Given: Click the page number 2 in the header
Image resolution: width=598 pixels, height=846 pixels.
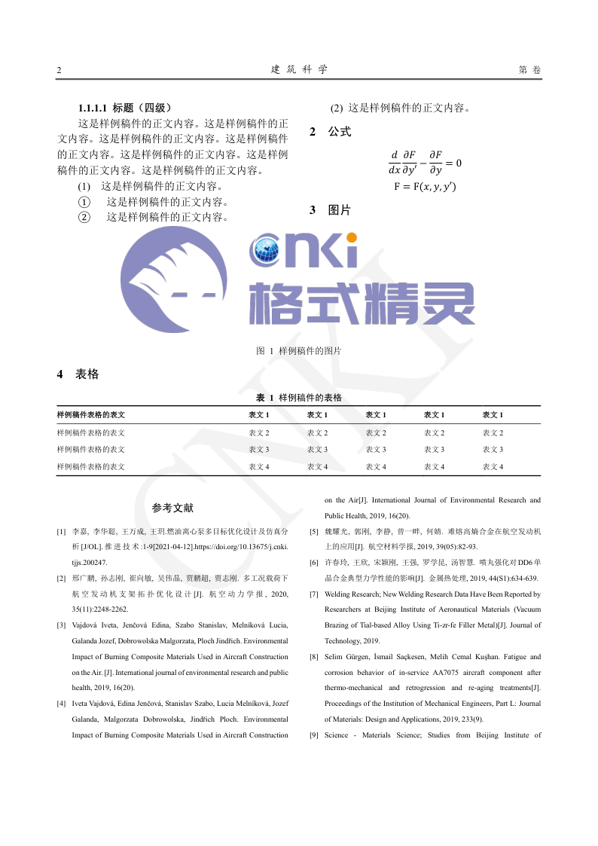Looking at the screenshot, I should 59,70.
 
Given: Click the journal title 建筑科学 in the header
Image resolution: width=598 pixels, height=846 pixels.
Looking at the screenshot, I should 299,69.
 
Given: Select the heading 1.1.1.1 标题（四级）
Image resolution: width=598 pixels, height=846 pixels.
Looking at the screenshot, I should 130,108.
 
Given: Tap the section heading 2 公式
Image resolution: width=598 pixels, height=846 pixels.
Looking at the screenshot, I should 331,132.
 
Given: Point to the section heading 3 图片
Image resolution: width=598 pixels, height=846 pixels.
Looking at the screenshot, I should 331,210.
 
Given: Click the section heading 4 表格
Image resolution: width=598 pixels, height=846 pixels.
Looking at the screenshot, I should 78,374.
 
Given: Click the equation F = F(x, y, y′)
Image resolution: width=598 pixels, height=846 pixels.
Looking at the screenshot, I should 425,187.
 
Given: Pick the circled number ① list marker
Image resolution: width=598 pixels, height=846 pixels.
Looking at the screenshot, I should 84,202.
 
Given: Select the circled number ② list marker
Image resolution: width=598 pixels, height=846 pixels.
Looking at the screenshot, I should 84,217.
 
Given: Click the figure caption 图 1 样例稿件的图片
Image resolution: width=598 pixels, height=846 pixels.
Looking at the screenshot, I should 299,351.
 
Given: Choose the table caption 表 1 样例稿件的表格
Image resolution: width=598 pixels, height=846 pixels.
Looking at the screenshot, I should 299,397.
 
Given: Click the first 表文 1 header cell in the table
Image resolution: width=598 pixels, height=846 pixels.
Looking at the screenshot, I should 259,415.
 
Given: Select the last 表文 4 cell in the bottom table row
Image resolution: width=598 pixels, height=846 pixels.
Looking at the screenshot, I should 493,467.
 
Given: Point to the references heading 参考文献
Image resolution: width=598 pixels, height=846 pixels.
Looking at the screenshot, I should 172,509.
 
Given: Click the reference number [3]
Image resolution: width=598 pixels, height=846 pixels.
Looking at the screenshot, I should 61,625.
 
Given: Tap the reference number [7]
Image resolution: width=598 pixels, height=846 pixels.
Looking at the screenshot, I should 313,594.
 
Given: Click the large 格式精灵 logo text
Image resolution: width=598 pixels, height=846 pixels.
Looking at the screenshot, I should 362,304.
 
